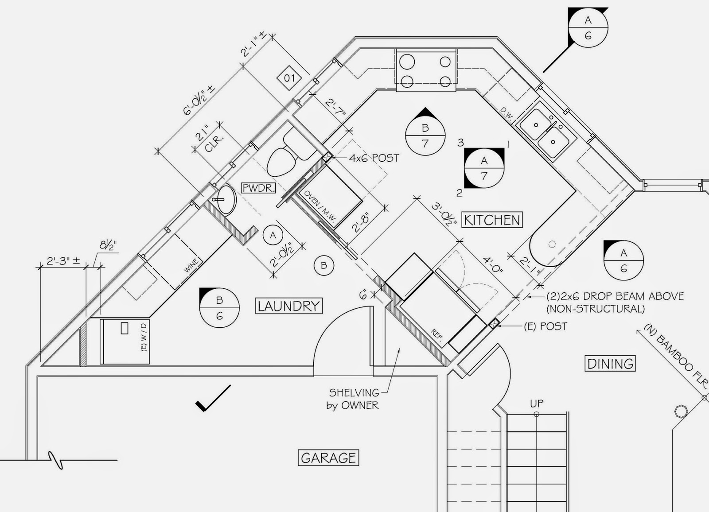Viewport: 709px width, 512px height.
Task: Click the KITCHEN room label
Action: (492, 220)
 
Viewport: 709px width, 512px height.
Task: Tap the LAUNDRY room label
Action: (288, 306)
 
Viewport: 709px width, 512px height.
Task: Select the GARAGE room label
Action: (328, 458)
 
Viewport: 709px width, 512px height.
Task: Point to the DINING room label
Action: (610, 364)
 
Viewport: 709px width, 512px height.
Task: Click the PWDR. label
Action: (258, 188)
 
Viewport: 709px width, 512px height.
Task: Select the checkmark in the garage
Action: (213, 398)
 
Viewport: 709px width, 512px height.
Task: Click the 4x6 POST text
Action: (374, 158)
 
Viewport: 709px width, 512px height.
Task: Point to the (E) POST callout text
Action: (545, 326)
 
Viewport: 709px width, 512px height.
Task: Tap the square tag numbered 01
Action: (289, 79)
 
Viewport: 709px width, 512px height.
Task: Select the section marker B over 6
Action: (219, 308)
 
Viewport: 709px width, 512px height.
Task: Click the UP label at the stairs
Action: (537, 403)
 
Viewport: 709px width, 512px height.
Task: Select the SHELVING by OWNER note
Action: (354, 399)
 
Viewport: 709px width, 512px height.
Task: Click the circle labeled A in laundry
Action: (273, 235)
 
